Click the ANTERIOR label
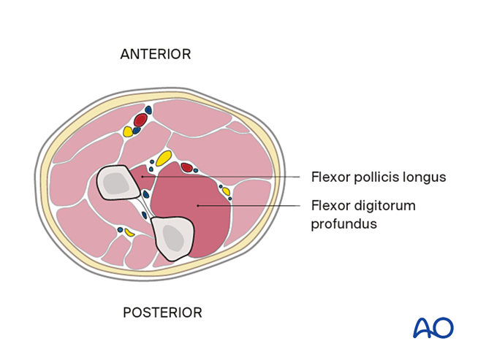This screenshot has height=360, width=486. coord(155,54)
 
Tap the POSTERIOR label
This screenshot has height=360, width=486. coord(162,313)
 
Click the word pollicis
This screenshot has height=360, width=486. coord(376,177)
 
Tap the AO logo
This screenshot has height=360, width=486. coord(433,328)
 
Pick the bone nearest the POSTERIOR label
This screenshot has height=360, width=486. coord(172,238)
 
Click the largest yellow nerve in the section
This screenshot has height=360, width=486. coord(163,158)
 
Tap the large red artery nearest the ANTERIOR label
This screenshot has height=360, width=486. coord(140,119)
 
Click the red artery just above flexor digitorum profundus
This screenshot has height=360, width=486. coord(186,168)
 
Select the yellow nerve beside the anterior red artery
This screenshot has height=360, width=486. coord(128,131)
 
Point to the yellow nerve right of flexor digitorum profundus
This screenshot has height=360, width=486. coord(226,192)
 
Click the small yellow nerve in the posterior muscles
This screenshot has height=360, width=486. coord(129,232)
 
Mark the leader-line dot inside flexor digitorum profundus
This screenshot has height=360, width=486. coord(198,206)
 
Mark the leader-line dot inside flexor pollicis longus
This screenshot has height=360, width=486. coord(142,176)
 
